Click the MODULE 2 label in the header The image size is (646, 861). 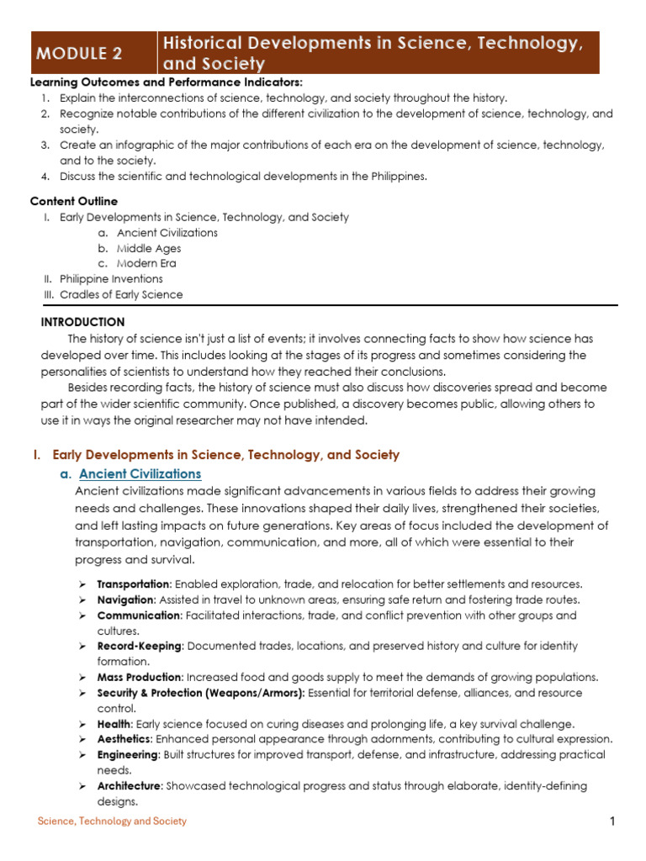[x=79, y=54]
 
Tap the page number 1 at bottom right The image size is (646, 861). [x=613, y=821]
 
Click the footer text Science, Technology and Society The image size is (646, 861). [x=112, y=821]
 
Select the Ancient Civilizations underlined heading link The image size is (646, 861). [x=140, y=474]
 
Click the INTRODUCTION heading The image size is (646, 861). [x=82, y=322]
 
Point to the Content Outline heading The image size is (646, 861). [x=74, y=202]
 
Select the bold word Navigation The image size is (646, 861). [x=125, y=600]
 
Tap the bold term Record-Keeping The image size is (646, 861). [x=139, y=647]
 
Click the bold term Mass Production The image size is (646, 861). [x=139, y=678]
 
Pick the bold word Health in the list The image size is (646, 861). [x=114, y=724]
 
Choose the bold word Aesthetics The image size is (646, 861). [x=124, y=739]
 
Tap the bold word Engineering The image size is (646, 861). [x=127, y=755]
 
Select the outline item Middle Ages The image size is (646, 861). [x=149, y=248]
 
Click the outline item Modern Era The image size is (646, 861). [x=146, y=263]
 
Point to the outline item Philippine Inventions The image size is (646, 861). [x=111, y=279]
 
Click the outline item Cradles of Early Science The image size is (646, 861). [x=121, y=294]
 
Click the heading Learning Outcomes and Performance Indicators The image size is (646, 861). [x=166, y=82]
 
